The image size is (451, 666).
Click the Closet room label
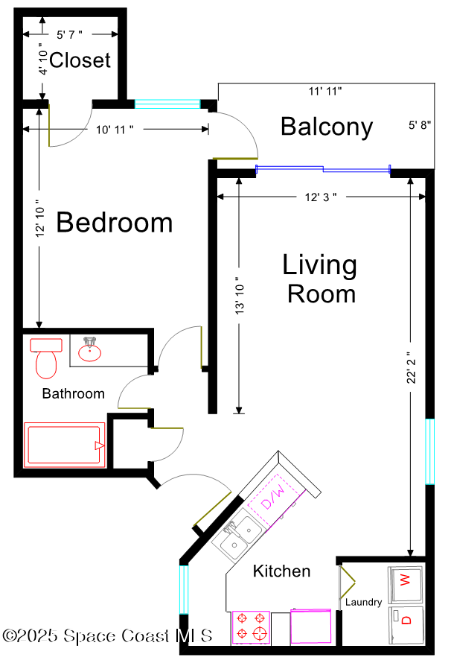[x=80, y=60]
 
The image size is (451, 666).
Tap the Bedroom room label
[x=115, y=222]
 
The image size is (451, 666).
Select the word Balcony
[x=327, y=127]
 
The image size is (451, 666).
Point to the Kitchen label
[x=282, y=571]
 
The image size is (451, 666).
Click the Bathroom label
[x=74, y=394]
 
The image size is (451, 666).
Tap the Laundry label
[x=364, y=602]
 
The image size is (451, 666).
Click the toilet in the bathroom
[x=46, y=358]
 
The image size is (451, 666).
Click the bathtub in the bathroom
[x=65, y=445]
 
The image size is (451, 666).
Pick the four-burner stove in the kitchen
[x=251, y=627]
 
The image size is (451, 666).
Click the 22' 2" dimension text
[x=411, y=368]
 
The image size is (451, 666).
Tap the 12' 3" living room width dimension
[x=321, y=197]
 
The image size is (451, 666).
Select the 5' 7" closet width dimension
[x=69, y=34]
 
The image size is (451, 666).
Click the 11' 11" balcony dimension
[x=325, y=92]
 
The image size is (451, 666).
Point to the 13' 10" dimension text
[x=240, y=296]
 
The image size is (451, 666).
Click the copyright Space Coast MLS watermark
[x=107, y=636]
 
